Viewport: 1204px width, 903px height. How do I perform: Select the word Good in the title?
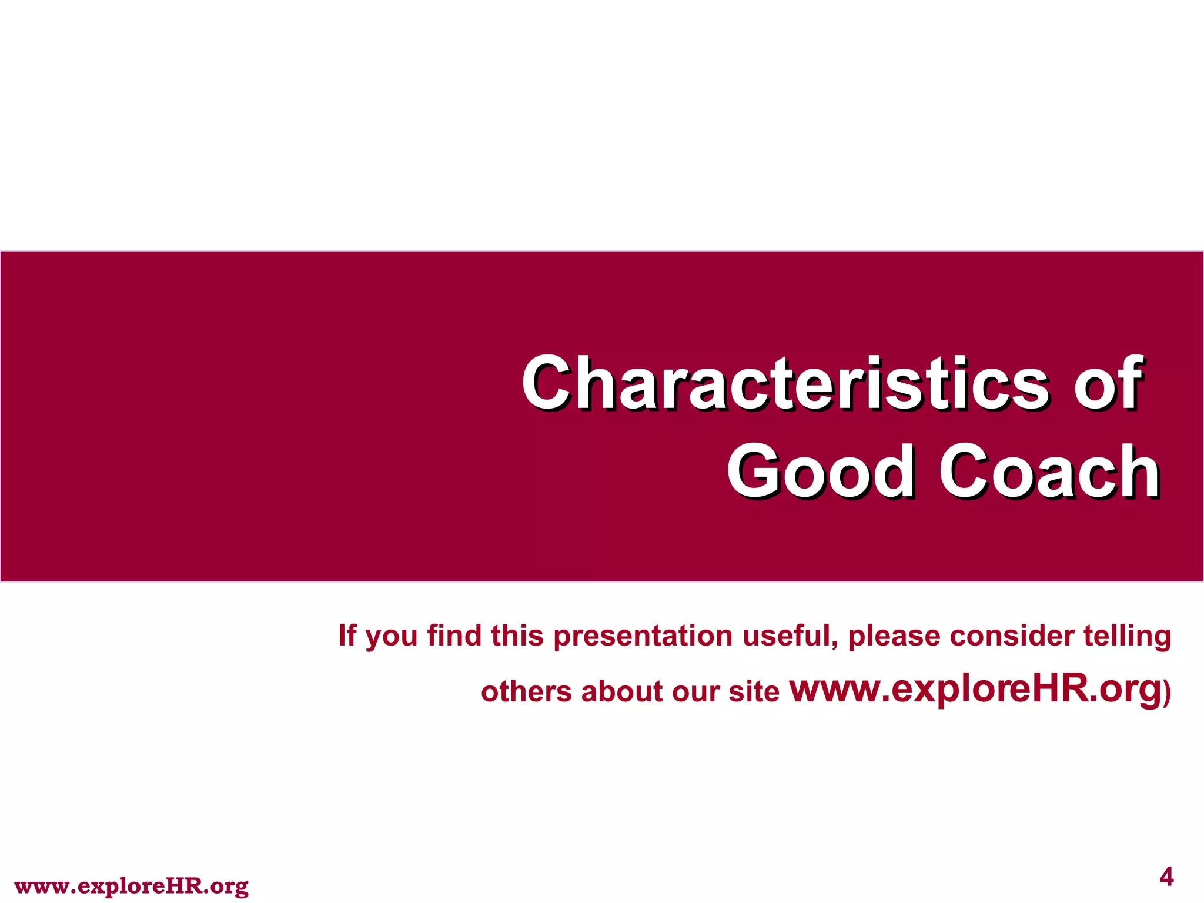(820, 472)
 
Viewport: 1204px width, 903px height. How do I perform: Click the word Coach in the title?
(1049, 472)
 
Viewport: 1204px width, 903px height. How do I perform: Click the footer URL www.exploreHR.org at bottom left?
(131, 886)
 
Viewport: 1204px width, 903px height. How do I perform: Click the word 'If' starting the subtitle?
(347, 636)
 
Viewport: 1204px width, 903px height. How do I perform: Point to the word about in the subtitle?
(622, 691)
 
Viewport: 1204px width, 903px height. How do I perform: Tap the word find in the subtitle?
(454, 636)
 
